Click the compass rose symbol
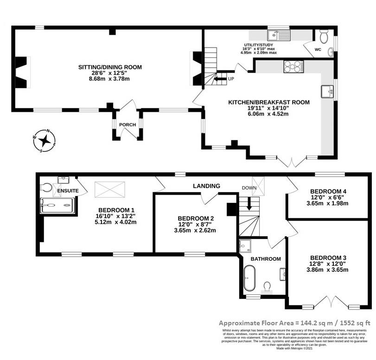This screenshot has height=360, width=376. [45, 140]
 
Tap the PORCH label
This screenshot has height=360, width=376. [127, 124]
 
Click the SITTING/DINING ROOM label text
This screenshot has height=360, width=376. [110, 67]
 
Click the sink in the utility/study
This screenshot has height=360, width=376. [278, 35]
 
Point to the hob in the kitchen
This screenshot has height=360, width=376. [293, 67]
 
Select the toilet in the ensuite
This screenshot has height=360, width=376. [45, 187]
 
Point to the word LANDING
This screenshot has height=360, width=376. [207, 186]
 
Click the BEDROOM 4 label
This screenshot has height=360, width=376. [328, 191]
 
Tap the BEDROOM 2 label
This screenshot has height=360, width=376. [195, 218]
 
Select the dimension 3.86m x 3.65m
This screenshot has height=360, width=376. [328, 270]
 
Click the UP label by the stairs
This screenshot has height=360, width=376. [230, 79]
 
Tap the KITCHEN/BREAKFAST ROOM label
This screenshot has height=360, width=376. [268, 102]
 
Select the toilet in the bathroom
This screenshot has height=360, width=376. [268, 285]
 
